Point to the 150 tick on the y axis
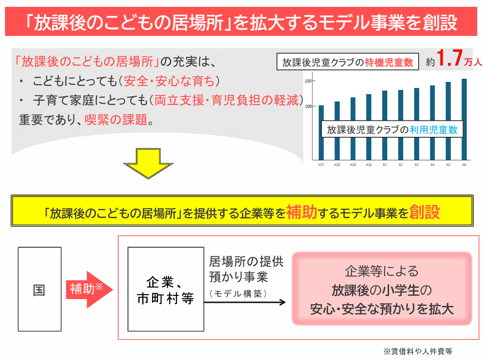[307, 81]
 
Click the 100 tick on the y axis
[307, 106]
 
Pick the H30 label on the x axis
[369, 165]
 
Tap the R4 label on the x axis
[432, 165]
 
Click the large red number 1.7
[449, 59]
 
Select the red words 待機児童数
[389, 63]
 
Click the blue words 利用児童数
[433, 130]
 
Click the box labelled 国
[40, 290]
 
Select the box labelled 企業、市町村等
[165, 290]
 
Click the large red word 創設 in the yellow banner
[424, 212]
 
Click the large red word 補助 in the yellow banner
[301, 212]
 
